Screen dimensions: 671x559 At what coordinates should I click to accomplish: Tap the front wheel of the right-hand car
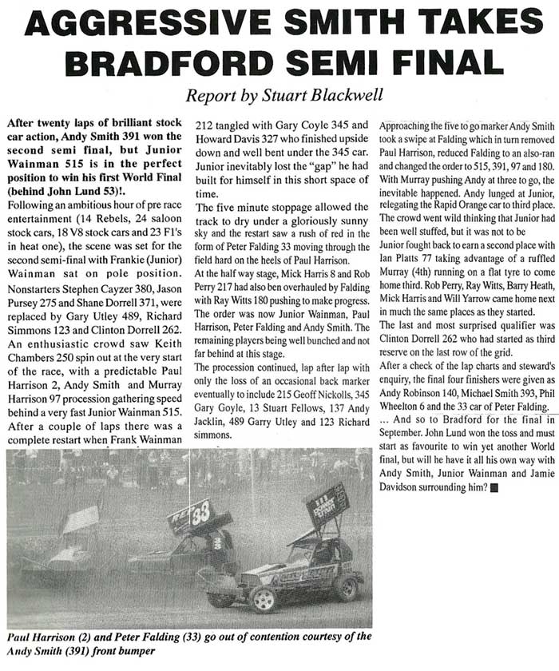[262, 597]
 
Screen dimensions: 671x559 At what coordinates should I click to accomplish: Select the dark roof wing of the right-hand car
[327, 504]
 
